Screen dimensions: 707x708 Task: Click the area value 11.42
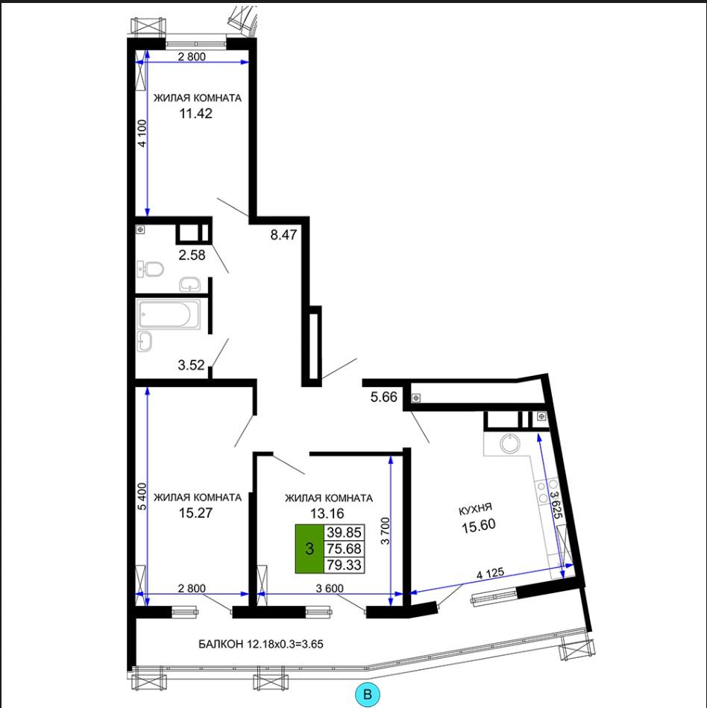[196, 113]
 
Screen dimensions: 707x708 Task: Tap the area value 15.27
[195, 513]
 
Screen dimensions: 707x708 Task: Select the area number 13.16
[327, 513]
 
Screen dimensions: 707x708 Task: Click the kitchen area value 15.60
[479, 525]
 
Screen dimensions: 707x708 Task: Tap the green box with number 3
[309, 549]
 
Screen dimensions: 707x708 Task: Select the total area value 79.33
[344, 565]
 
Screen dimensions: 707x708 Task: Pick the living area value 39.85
[344, 533]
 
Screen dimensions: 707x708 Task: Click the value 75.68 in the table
[344, 548]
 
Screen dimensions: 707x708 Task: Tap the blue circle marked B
[368, 694]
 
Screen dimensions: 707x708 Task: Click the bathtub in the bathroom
[169, 314]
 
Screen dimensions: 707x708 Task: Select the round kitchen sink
[510, 442]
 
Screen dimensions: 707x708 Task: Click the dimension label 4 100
[142, 134]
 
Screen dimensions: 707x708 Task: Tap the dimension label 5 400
[142, 497]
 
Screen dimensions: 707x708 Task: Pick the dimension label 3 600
[330, 589]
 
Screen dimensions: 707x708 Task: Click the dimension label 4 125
[490, 574]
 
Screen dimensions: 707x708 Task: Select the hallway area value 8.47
[283, 235]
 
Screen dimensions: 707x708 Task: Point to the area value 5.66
[384, 397]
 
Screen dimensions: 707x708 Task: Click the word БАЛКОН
[221, 644]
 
